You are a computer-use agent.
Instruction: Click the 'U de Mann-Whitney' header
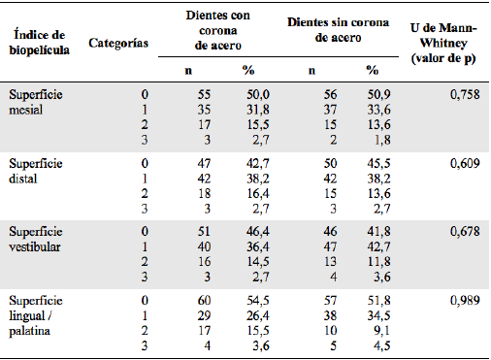pos(444,42)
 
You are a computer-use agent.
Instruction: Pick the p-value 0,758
pos(467,95)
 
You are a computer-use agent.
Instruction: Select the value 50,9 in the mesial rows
pos(373,95)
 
